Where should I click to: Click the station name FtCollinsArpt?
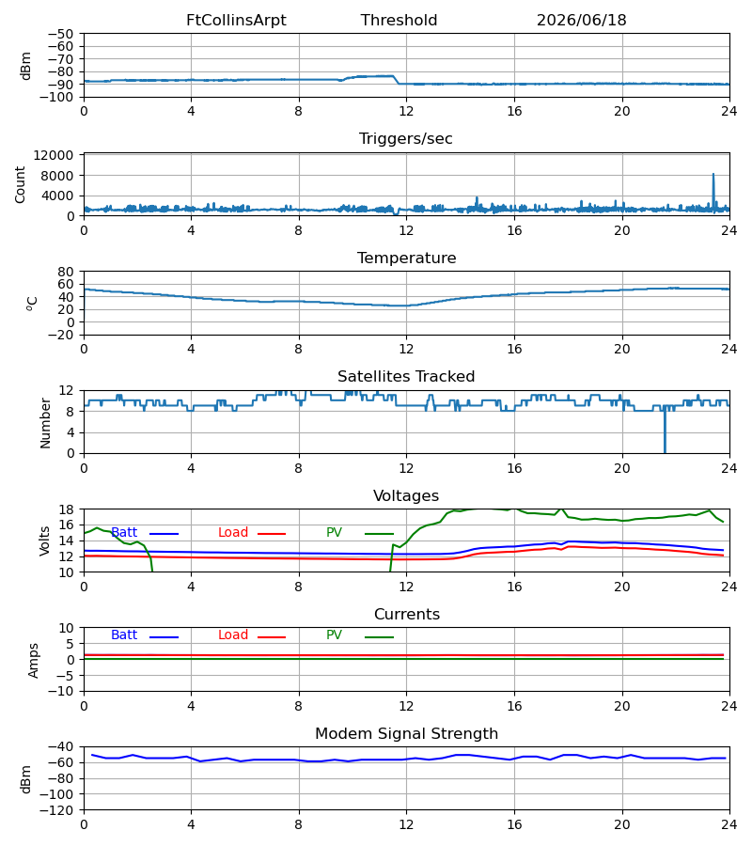point(236,21)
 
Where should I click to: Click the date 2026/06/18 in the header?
point(581,21)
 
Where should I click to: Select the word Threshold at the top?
point(399,21)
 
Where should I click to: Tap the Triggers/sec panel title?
point(406,139)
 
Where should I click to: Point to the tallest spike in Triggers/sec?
point(713,175)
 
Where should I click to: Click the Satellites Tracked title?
point(406,377)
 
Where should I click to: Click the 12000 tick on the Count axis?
point(54,155)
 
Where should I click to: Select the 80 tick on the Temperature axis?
point(66,272)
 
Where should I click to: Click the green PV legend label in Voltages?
point(334,533)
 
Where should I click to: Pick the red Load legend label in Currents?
point(232,635)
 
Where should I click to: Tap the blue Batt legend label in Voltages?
point(124,533)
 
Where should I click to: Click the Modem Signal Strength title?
point(406,734)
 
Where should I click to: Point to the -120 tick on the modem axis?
point(59,810)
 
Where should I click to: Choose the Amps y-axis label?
point(34,661)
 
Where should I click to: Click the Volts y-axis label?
point(44,541)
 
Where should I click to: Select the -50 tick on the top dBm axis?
point(60,34)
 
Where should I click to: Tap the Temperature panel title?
point(406,258)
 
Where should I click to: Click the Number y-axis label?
point(45,424)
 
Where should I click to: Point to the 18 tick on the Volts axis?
point(66,509)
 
